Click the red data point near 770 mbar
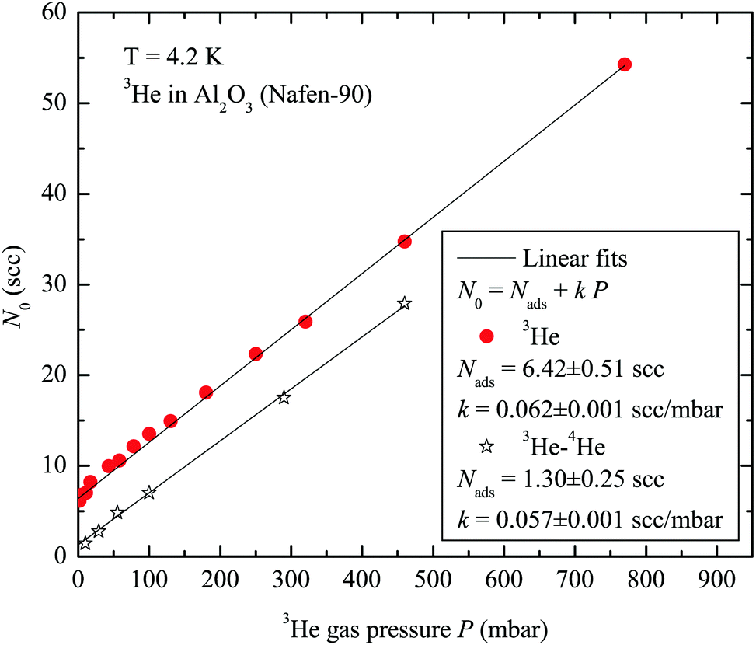tap(624, 64)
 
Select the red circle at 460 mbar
tap(404, 242)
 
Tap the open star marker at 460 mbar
tap(404, 303)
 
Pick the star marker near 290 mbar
tap(284, 397)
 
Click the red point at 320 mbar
tap(305, 322)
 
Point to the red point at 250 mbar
tap(256, 354)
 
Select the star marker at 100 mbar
tap(149, 493)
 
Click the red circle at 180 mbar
tap(206, 392)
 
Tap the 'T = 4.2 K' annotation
tap(164, 56)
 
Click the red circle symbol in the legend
tap(487, 336)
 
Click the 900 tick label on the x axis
tap(718, 580)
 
